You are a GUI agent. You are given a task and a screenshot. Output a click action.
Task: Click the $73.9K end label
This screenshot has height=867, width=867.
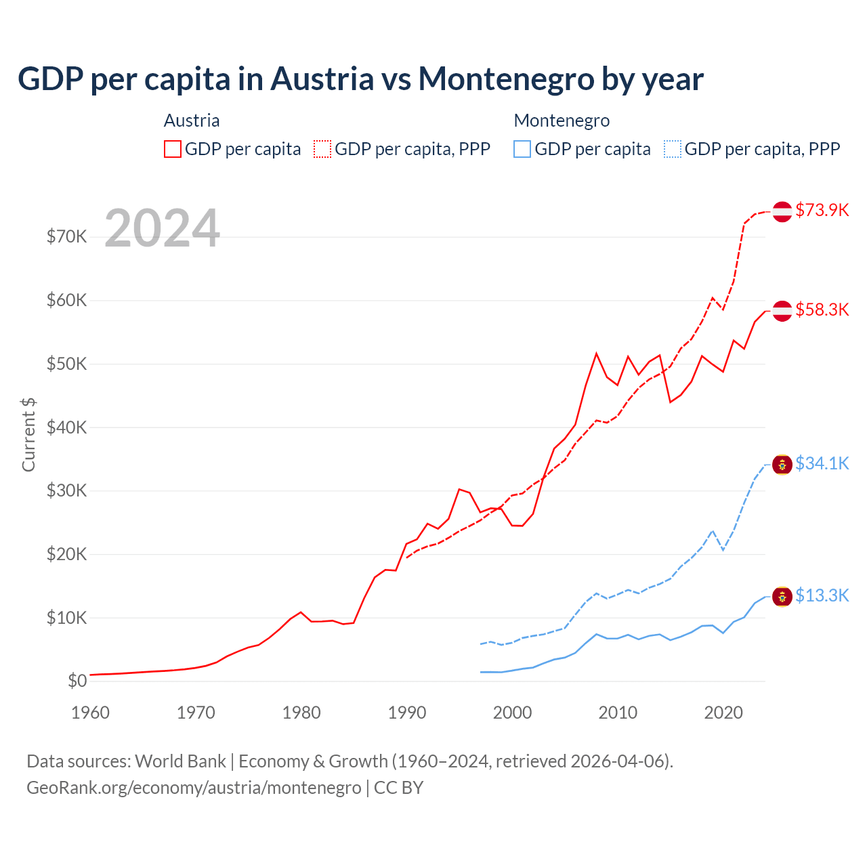pos(822,210)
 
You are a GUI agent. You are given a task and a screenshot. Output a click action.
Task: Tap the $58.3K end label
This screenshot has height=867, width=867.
pos(822,310)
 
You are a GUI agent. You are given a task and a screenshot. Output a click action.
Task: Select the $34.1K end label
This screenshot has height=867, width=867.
pos(822,463)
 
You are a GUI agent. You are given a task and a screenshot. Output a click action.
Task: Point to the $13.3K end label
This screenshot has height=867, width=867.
pos(822,595)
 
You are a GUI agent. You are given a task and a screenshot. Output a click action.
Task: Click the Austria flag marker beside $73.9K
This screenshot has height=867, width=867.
pos(782,211)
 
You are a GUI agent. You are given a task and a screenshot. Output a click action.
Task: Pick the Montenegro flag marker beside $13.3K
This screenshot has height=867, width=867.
pos(782,597)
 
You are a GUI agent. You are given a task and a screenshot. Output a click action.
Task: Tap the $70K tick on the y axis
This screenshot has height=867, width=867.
pos(67,236)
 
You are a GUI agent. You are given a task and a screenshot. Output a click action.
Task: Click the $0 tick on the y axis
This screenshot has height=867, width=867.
pos(77,681)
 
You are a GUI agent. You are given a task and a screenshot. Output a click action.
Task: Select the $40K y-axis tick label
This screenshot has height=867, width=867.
pos(67,427)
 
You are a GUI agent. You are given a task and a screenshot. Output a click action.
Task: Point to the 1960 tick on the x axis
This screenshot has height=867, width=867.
pos(90,713)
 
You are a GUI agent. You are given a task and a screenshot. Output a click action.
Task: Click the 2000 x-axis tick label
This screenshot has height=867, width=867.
pos(512,713)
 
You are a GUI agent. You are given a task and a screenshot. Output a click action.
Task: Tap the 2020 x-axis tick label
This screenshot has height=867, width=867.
pos(723,713)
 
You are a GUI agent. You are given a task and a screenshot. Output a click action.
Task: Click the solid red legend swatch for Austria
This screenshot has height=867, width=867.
pos(173,149)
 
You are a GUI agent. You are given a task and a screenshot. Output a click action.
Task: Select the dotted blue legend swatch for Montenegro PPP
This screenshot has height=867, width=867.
pos(673,149)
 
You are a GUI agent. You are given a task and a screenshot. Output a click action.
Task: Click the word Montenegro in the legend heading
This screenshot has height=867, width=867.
pos(562,121)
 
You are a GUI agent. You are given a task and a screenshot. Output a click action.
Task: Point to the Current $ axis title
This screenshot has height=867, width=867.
pos(28,434)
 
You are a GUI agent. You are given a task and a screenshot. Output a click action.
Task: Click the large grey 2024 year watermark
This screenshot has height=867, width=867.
pos(163,228)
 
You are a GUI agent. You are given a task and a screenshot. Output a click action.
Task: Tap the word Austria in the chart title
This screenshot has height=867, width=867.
pos(322,79)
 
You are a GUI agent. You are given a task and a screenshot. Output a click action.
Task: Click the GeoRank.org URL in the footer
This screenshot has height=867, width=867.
pos(194,788)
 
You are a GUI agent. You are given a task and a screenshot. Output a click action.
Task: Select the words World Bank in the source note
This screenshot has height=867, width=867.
pos(180,761)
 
